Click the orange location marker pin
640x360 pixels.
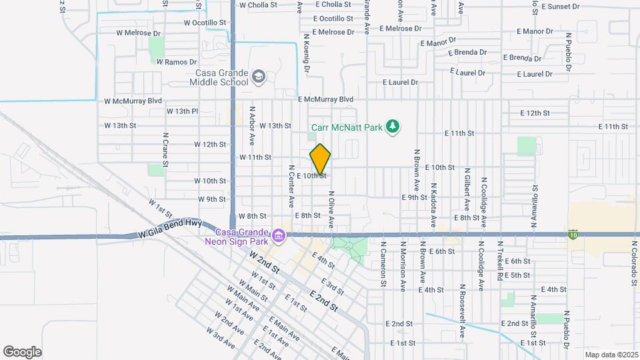click(x=321, y=159)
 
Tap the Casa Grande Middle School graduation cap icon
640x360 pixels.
click(x=258, y=77)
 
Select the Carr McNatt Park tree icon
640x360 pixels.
click(x=393, y=126)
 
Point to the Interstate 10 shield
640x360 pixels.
click(x=573, y=234)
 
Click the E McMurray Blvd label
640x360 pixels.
click(x=325, y=99)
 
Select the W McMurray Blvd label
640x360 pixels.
click(x=133, y=101)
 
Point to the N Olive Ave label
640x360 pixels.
click(x=330, y=209)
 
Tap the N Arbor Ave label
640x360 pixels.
click(x=253, y=125)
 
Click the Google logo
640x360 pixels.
click(x=22, y=351)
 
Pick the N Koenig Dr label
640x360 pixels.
click(x=307, y=53)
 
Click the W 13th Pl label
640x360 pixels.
click(x=182, y=111)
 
